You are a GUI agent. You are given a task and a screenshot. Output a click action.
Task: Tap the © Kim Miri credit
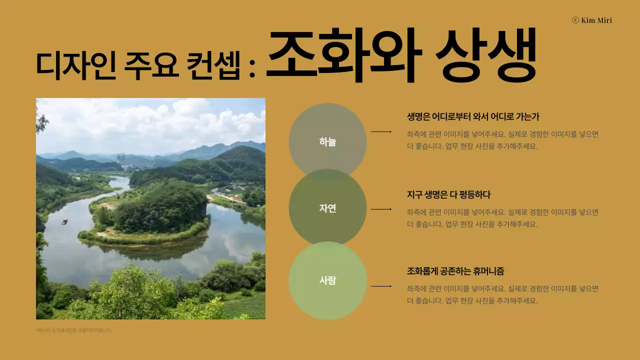(591, 20)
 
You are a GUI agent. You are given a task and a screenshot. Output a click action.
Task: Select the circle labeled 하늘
(327, 142)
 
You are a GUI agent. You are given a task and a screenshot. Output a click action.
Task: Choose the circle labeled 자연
(327, 208)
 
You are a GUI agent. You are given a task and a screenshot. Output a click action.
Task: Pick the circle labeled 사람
(327, 280)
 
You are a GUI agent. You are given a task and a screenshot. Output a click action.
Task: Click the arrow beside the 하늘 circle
(381, 132)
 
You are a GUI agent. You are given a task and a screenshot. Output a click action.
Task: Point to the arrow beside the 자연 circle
(381, 209)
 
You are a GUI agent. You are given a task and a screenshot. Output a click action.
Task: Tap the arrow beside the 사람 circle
(381, 286)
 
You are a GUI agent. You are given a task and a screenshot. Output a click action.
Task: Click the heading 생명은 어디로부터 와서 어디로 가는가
(473, 117)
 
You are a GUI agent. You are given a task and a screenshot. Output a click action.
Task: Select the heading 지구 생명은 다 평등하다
(448, 194)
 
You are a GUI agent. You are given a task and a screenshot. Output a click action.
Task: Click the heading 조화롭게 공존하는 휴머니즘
(455, 271)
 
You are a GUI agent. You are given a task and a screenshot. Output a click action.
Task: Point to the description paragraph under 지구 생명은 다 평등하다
(502, 218)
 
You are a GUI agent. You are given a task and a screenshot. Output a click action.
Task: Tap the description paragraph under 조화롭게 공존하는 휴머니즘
(502, 295)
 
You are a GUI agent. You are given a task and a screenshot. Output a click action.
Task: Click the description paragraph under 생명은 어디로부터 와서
(502, 140)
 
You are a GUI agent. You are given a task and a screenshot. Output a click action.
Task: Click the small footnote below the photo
(73, 330)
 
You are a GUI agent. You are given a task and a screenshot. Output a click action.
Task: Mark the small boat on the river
(64, 221)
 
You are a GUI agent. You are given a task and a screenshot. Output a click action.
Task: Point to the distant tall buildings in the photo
(122, 159)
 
